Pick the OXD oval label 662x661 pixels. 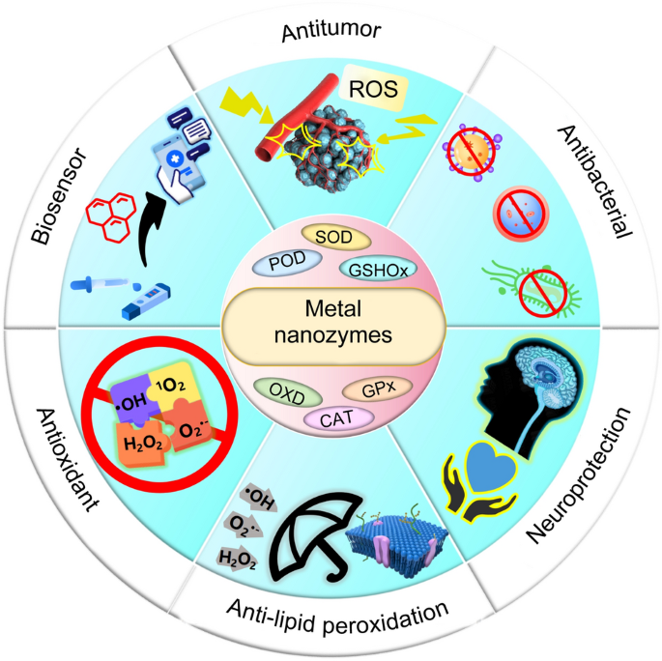coord(280,388)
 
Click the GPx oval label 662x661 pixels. coord(376,389)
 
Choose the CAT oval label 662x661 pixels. coord(331,418)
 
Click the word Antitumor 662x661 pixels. coord(331,30)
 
